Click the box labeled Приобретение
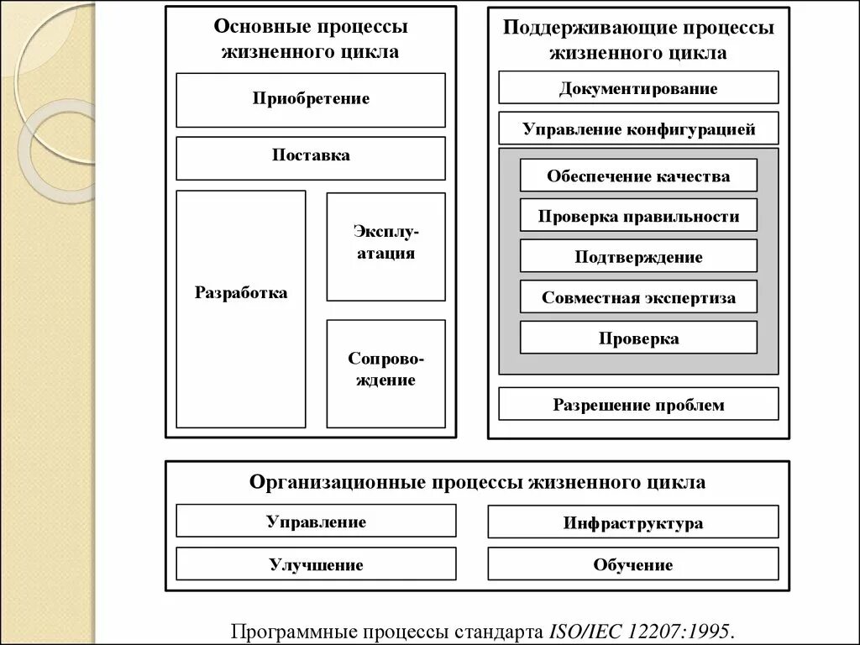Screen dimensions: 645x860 (x=311, y=99)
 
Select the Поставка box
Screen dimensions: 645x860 (x=311, y=157)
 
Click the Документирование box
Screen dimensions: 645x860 (x=638, y=87)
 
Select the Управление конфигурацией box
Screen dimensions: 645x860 (x=638, y=128)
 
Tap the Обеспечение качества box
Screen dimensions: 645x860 (x=638, y=176)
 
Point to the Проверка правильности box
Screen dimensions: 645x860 (x=638, y=216)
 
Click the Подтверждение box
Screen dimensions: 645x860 (x=638, y=256)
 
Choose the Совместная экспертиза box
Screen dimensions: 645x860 (x=638, y=297)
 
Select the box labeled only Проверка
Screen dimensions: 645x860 (x=638, y=338)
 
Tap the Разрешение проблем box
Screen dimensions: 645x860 (x=638, y=404)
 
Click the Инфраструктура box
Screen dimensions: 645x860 (x=633, y=522)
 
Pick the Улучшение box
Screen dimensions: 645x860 (x=316, y=564)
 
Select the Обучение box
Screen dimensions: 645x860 (x=633, y=564)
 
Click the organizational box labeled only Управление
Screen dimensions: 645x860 (x=316, y=521)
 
